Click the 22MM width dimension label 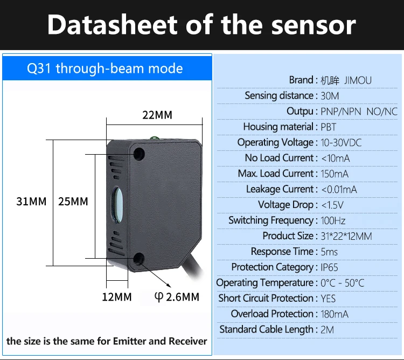point(157,115)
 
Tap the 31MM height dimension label point(31,202)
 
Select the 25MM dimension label point(72,202)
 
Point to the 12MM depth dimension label point(117,297)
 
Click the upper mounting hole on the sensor point(139,154)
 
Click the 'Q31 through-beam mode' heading point(105,68)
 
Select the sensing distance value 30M point(330,96)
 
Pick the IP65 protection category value point(330,267)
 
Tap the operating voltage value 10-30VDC point(341,143)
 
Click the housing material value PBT point(329,127)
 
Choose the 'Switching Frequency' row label point(270,220)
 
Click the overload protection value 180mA point(335,314)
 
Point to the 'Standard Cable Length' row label point(266,329)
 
